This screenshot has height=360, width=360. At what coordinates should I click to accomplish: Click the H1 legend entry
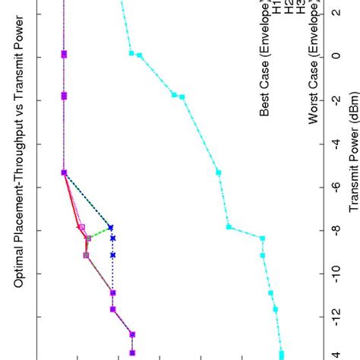coord(278,11)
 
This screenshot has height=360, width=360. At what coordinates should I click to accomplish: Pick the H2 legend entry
coord(289,11)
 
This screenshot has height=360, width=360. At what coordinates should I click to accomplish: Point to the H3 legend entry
coord(301,11)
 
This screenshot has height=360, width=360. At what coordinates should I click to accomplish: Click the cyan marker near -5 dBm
coord(219,172)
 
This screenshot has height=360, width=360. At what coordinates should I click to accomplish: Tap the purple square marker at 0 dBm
coord(64,54)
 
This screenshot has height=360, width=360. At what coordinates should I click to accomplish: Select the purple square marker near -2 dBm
coord(64,95)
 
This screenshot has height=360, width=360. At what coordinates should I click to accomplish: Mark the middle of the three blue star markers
coord(112,238)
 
